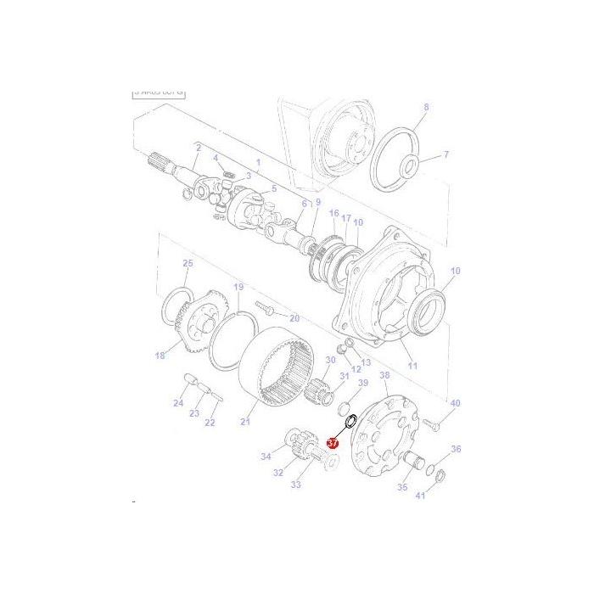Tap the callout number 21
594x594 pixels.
pos(246,422)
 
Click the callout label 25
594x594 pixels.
pos(188,264)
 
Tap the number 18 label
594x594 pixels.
pos(160,356)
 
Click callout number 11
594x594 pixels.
pos(413,366)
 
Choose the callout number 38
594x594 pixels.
pos(384,375)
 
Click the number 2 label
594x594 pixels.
pos(198,148)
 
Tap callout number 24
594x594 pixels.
pos(178,403)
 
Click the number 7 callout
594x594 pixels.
pos(446,154)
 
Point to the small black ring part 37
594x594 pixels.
pos(348,422)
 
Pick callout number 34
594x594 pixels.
pos(266,457)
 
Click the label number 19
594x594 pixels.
pos(238,288)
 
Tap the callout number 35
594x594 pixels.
pos(402,487)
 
